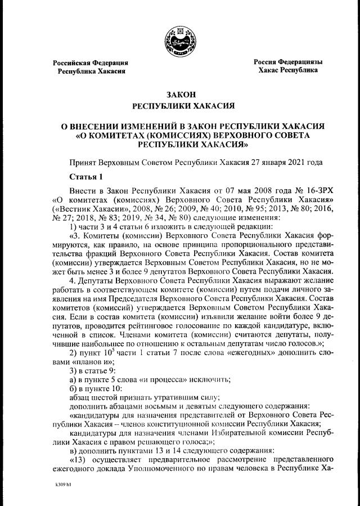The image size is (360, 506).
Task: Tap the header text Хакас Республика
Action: (287, 70)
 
